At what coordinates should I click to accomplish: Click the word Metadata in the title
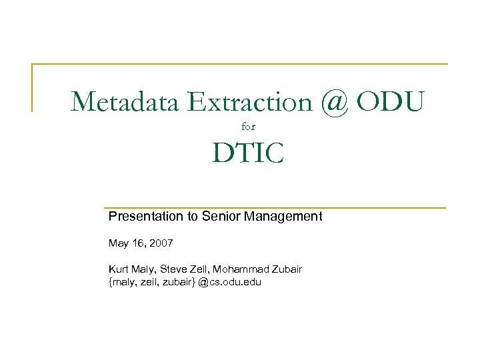pos(126,102)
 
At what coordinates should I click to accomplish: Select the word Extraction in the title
pos(250,102)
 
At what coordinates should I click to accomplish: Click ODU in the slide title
pos(390,102)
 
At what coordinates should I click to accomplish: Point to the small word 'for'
pos(248,125)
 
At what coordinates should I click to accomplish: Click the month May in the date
pos(119,244)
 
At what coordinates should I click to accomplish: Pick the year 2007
pos(161,244)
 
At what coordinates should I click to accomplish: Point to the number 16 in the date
pos(139,244)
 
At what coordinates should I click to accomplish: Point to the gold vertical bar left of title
pos(33,87)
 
